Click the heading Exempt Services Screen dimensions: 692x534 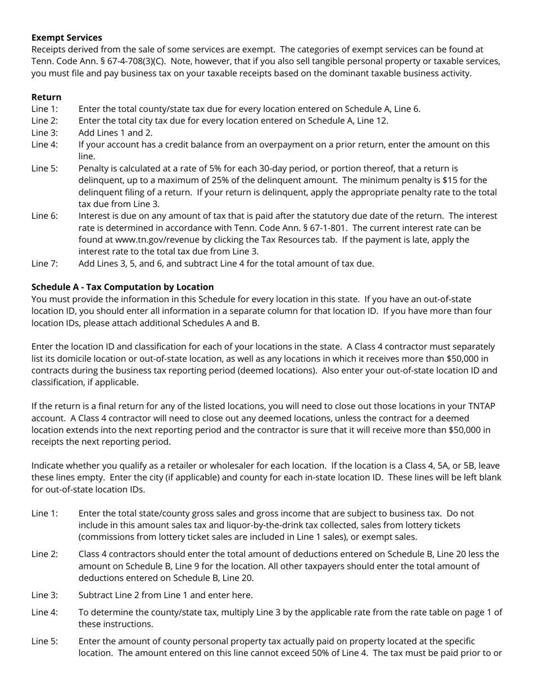tap(66, 38)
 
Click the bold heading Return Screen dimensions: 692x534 tap(46, 97)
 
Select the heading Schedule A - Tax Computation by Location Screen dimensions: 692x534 tap(123, 287)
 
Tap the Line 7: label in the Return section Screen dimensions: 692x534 tap(44, 263)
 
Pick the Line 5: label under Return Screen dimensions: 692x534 tap(44, 168)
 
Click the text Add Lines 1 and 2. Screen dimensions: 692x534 tap(115, 133)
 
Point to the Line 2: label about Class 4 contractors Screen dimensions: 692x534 tap(44, 554)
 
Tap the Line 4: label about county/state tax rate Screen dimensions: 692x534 tap(44, 612)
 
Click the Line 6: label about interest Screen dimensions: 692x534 tap(44, 216)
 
